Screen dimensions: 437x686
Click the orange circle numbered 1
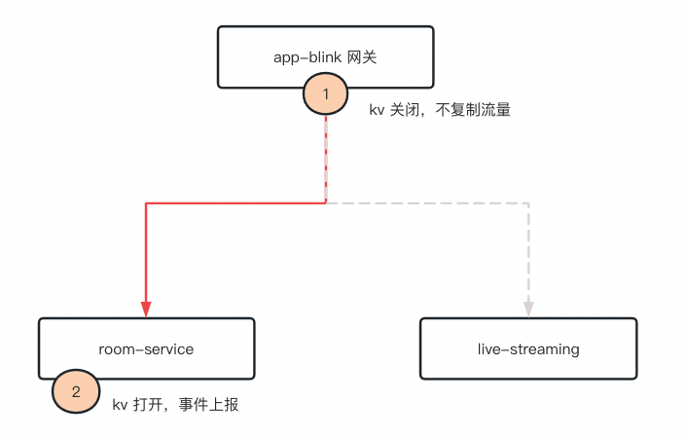coord(326,94)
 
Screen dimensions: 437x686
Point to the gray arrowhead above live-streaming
coord(528,310)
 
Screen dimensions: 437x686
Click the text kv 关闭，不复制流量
coord(439,111)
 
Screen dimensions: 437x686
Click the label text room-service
coord(146,349)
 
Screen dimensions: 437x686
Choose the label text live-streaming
coord(528,349)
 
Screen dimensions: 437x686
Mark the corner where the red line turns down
coord(146,203)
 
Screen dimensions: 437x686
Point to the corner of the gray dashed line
coord(528,203)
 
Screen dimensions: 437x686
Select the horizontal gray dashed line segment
coord(428,203)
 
